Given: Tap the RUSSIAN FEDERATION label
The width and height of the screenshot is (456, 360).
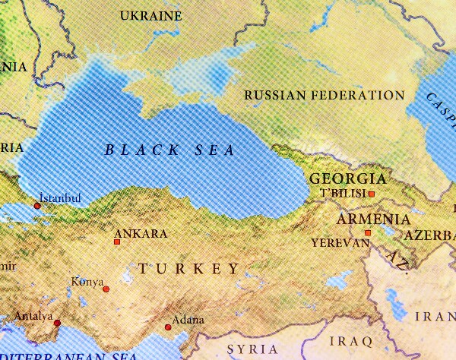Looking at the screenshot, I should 325,95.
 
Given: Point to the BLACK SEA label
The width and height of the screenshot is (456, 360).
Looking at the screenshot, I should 169,150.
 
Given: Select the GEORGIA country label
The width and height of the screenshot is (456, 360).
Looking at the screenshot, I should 348,179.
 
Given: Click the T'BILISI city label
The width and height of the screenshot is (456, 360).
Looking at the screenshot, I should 344,194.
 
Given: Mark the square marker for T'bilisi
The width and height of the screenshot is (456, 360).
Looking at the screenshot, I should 372,194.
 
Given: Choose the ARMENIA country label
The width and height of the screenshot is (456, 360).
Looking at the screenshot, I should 364,219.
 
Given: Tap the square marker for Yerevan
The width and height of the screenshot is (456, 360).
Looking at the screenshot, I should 368,233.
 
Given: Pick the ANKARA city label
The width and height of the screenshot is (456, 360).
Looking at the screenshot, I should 140,234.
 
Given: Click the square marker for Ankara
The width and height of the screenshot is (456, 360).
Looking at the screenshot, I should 116,242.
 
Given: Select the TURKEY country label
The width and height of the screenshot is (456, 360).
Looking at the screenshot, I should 189,269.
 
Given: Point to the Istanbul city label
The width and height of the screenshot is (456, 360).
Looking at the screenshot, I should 59,198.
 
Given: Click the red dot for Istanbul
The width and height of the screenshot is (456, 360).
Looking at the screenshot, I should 37,205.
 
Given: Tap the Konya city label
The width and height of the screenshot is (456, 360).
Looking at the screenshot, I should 87,282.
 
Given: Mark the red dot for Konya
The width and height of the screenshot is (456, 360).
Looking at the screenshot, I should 106,289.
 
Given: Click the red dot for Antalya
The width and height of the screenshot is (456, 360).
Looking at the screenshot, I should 57,324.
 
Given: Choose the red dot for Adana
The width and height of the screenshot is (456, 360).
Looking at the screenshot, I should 168,328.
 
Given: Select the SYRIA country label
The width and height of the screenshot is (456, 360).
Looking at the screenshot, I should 252,349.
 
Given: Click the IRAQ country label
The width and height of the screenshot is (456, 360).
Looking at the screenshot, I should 352,339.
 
